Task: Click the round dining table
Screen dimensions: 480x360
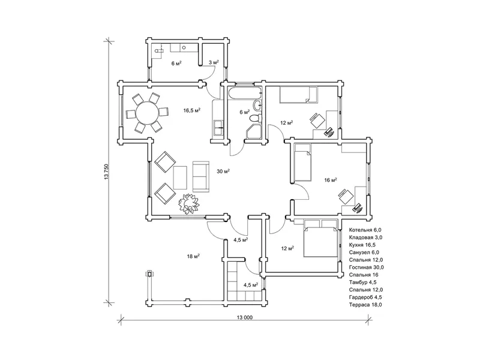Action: coord(147,113)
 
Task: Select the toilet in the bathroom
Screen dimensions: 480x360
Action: coord(256,118)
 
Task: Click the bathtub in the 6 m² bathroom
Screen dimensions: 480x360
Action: coord(245,93)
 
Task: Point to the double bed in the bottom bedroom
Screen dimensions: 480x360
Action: coord(320,238)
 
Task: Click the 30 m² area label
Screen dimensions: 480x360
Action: coord(223,172)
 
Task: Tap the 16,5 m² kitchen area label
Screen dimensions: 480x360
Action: coord(192,110)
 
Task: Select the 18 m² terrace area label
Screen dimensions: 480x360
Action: coord(193,256)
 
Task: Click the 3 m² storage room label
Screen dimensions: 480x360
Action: coord(214,62)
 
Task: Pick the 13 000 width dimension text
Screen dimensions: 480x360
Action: coord(245,317)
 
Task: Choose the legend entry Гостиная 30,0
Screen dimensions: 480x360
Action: coord(367,267)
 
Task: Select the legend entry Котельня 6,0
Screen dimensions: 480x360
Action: coord(365,230)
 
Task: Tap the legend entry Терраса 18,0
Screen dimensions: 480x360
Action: coord(365,305)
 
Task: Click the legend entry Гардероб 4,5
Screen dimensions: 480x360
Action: coord(365,297)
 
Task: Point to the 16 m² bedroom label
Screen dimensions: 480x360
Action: coord(331,181)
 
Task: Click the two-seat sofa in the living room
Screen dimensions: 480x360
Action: coord(201,176)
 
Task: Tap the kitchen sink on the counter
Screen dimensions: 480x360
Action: coord(218,128)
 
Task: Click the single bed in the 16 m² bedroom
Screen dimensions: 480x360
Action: coord(302,163)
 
